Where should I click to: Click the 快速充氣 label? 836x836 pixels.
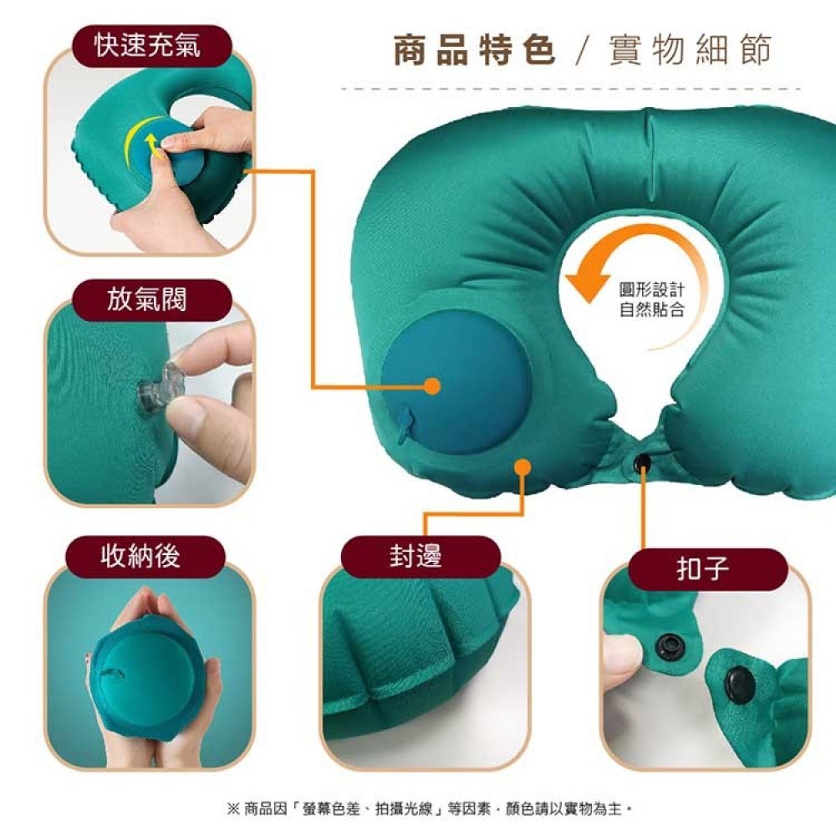click(x=148, y=45)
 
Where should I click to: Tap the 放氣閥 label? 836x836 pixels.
click(x=147, y=298)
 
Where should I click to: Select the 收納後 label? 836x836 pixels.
click(x=140, y=556)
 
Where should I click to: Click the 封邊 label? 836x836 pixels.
click(x=415, y=556)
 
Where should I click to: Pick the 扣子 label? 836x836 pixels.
click(x=703, y=568)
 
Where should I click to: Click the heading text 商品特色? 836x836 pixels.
click(x=475, y=50)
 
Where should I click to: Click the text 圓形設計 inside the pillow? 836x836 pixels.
click(x=651, y=290)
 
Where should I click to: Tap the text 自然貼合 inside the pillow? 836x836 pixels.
click(x=651, y=309)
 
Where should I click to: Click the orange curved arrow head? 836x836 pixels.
click(x=587, y=283)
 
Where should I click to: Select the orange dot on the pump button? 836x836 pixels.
click(x=432, y=386)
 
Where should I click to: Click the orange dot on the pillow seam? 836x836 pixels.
click(x=523, y=467)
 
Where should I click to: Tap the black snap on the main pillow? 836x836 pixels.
click(x=643, y=461)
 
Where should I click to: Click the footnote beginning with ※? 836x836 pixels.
click(x=430, y=808)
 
